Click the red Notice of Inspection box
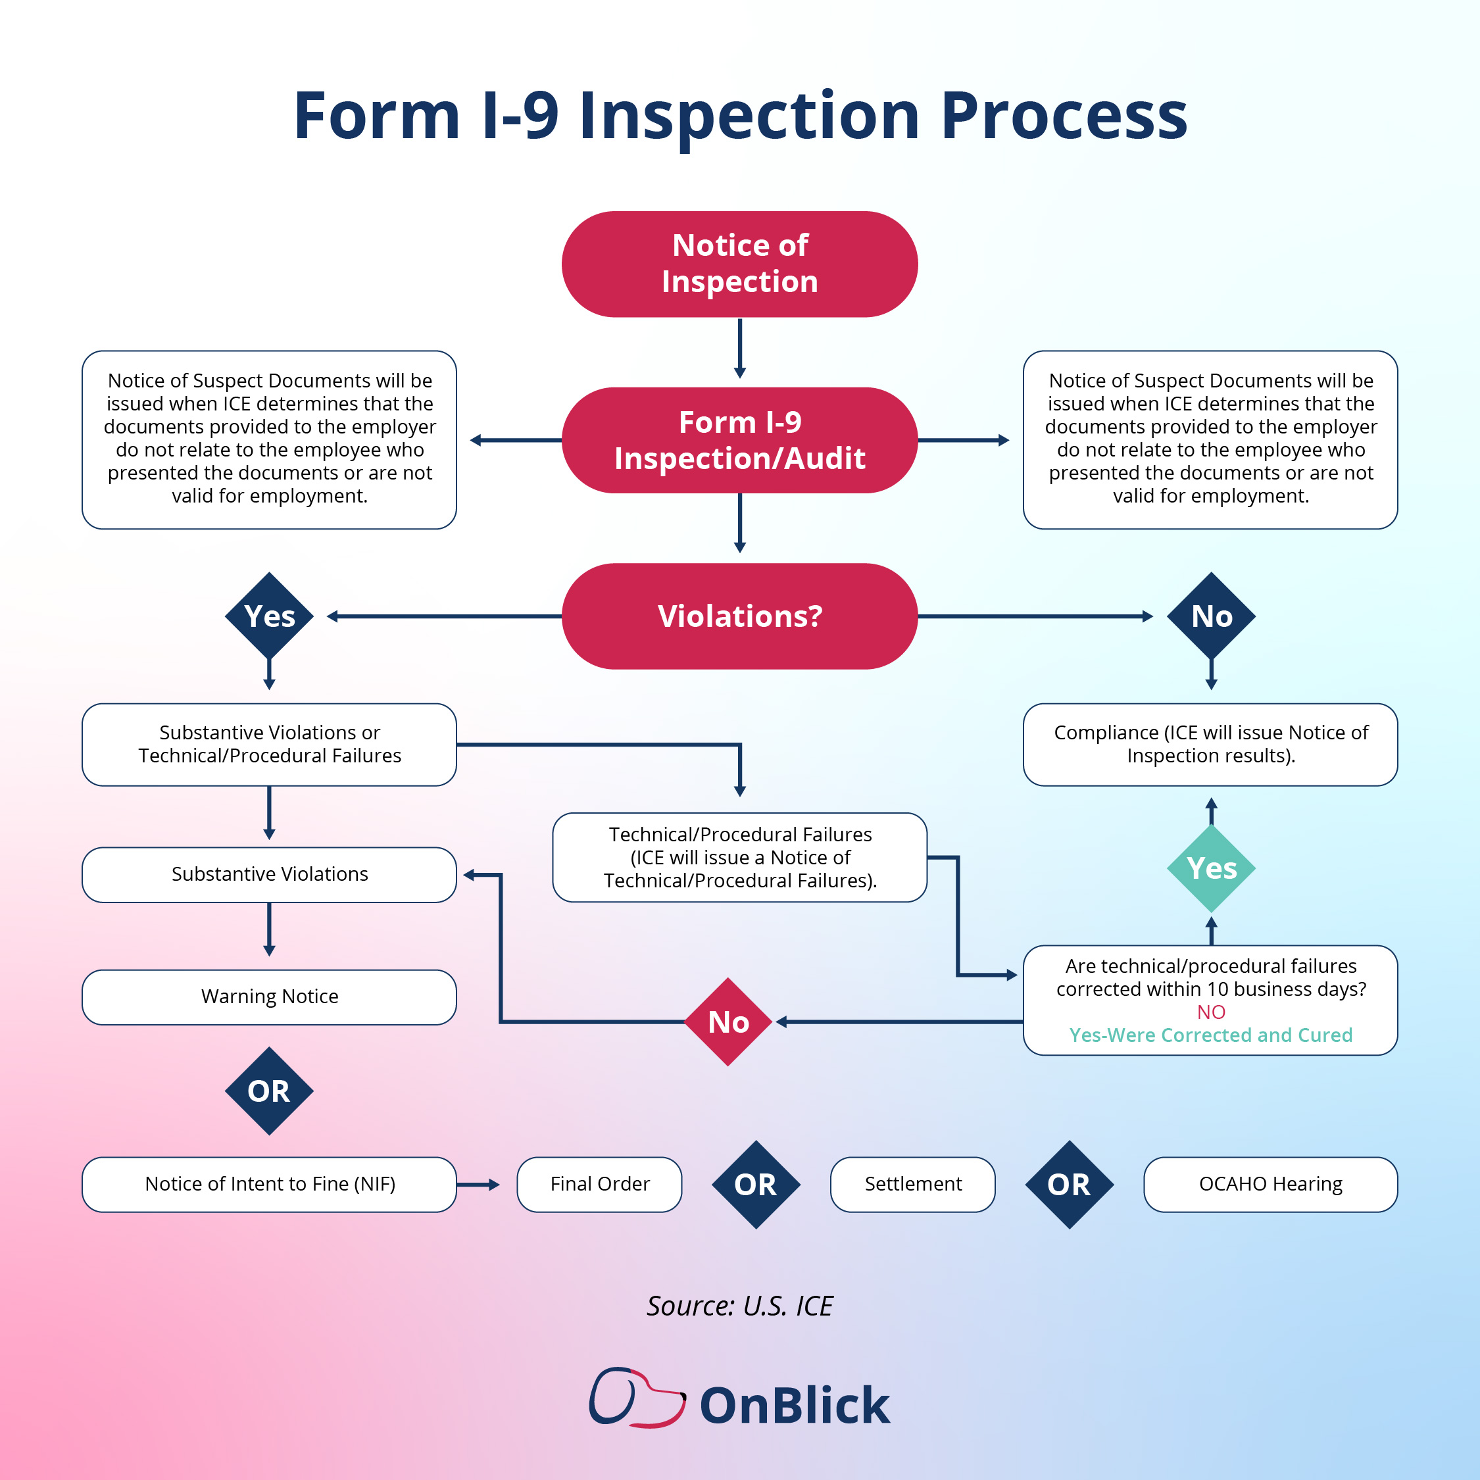pos(739,264)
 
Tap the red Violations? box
pos(739,616)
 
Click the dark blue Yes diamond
pos(269,616)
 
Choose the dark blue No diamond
pos(1211,616)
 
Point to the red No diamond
pos(728,1022)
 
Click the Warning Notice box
pos(269,997)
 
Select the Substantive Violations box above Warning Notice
pos(269,875)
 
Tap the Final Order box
pos(599,1184)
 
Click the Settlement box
pos(912,1184)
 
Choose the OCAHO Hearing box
pos(1270,1184)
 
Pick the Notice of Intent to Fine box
pos(269,1184)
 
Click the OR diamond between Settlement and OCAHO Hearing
pos(1070,1184)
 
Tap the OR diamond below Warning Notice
pos(269,1091)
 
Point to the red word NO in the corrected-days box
pos(1211,1012)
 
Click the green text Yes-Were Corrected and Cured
pos(1211,1035)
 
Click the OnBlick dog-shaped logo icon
pos(637,1397)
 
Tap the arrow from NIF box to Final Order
pos(478,1184)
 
